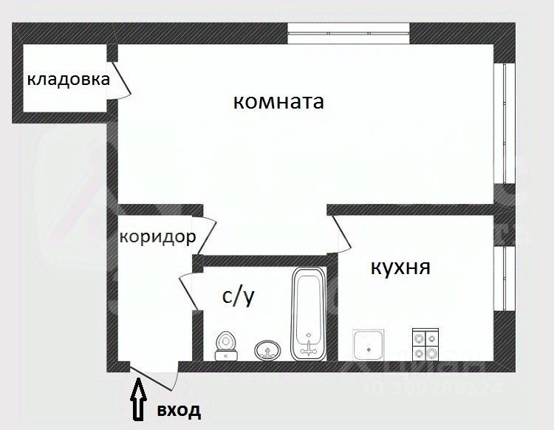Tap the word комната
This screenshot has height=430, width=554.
278,101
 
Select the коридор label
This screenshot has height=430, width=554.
157,237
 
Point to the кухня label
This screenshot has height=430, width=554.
400,267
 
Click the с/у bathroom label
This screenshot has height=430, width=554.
238,297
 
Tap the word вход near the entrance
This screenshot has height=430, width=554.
178,409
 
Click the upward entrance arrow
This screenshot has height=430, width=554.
138,398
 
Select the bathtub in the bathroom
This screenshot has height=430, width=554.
307,314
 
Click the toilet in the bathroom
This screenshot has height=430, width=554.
227,346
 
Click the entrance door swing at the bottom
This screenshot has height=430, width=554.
156,377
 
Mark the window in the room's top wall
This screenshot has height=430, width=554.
348,29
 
